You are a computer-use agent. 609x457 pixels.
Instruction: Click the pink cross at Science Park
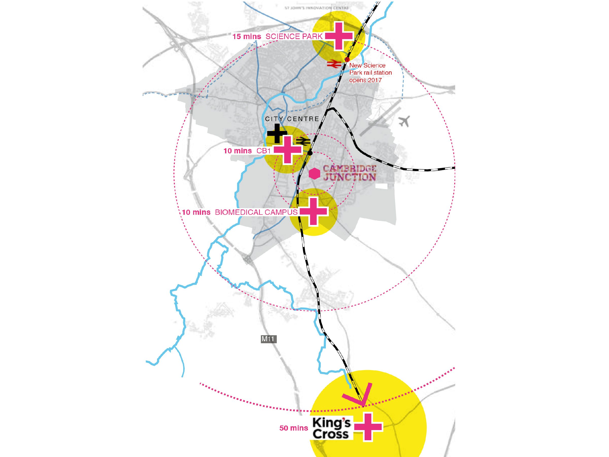click(339, 36)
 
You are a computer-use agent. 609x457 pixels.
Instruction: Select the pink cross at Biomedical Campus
click(313, 211)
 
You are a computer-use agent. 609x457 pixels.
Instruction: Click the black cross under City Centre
click(277, 133)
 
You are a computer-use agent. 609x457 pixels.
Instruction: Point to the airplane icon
click(404, 121)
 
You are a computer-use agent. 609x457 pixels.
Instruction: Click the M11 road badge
click(268, 339)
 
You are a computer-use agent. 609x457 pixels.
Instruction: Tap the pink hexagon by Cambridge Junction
click(314, 174)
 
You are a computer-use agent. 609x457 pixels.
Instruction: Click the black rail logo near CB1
click(303, 141)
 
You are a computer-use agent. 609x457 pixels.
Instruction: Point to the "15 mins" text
click(247, 36)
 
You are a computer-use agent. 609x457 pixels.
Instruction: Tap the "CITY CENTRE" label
click(292, 119)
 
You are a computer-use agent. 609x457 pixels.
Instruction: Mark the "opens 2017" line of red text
click(365, 80)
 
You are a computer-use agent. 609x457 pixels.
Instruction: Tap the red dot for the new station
click(347, 59)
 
